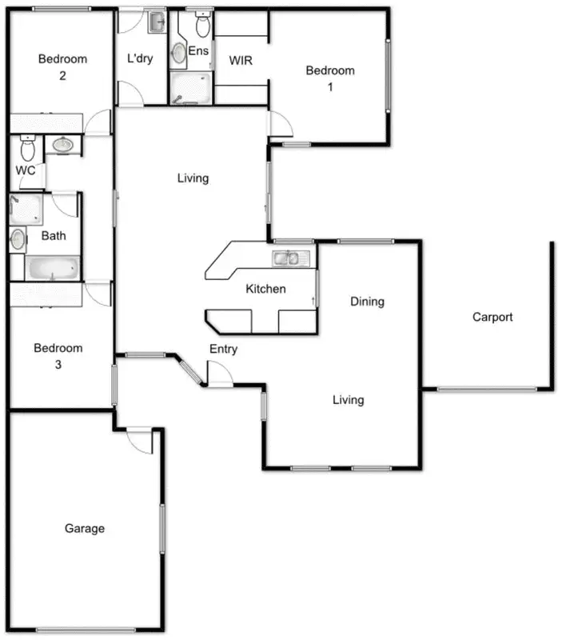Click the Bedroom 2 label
click(62, 67)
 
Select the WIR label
click(241, 61)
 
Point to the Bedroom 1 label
click(330, 78)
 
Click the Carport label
click(492, 317)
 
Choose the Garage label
click(85, 529)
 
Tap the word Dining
click(367, 302)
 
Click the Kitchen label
click(265, 289)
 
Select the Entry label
click(223, 349)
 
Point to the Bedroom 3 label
click(58, 356)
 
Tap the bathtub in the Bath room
click(52, 267)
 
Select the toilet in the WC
click(28, 149)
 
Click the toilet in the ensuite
click(202, 26)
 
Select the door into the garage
click(139, 441)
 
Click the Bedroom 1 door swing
click(280, 124)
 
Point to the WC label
click(25, 170)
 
